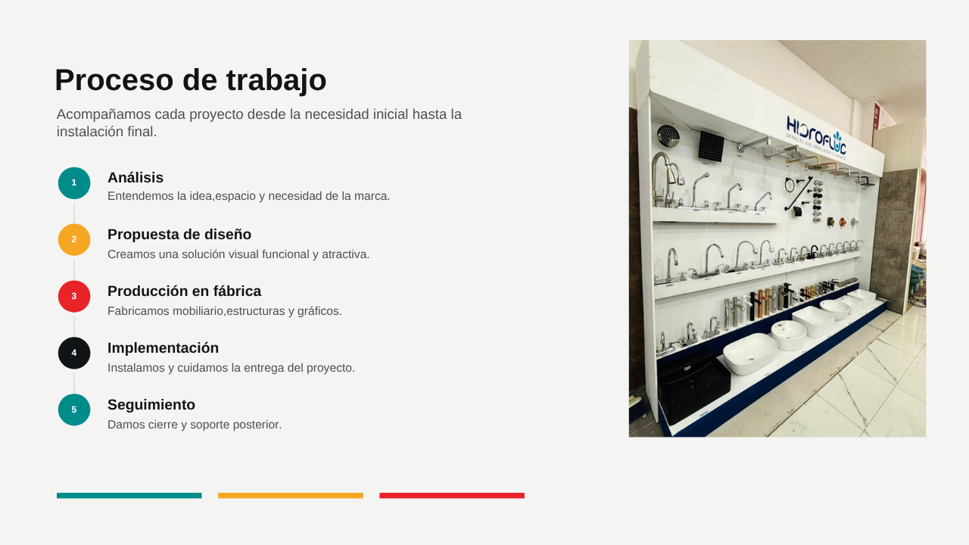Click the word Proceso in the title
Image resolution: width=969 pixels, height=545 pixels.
pyautogui.click(x=114, y=80)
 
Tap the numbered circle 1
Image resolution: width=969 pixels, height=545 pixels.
pyautogui.click(x=74, y=183)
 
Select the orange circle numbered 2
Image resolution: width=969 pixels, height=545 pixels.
pyautogui.click(x=74, y=240)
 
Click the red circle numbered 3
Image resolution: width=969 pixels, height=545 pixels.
pyautogui.click(x=74, y=296)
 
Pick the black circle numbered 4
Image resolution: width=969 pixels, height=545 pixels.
pyautogui.click(x=74, y=353)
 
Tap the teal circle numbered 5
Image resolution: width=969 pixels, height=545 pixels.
pyautogui.click(x=74, y=410)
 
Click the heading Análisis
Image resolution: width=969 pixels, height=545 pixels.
pyautogui.click(x=136, y=177)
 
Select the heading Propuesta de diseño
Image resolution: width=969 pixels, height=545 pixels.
pyautogui.click(x=179, y=235)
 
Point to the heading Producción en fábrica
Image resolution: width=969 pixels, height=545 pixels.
pyautogui.click(x=184, y=291)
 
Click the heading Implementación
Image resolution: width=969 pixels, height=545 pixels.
pyautogui.click(x=163, y=347)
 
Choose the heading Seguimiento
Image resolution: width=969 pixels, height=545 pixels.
pyautogui.click(x=151, y=405)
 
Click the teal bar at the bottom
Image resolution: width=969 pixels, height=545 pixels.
pyautogui.click(x=129, y=496)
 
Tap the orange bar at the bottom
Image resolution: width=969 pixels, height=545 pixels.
pyautogui.click(x=290, y=496)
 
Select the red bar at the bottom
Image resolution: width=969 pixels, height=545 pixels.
pyautogui.click(x=452, y=496)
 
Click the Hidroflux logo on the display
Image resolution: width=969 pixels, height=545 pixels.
pyautogui.click(x=816, y=135)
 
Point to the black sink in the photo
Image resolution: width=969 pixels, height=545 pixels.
pyautogui.click(x=693, y=385)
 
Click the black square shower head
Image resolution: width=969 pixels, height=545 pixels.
pyautogui.click(x=711, y=146)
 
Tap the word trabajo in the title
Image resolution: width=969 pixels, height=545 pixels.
pyautogui.click(x=276, y=81)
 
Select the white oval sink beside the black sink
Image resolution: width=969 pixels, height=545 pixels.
pyautogui.click(x=749, y=353)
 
